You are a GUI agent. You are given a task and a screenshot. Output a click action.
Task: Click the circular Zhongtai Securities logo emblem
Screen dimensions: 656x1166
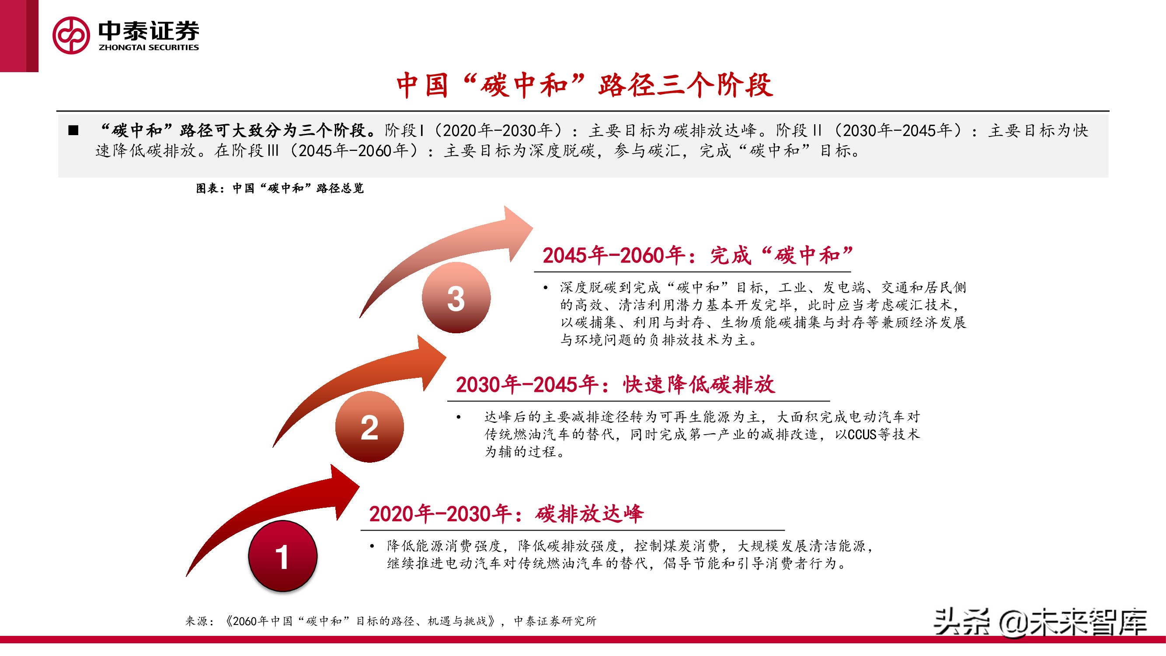[71, 35]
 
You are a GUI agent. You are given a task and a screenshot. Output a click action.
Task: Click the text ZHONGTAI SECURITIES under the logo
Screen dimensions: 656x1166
[149, 48]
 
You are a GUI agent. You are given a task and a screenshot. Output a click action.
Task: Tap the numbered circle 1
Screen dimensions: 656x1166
[282, 556]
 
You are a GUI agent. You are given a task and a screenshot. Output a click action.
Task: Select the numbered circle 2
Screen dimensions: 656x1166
[369, 427]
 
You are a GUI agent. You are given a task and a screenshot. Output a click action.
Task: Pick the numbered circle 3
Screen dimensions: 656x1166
[456, 298]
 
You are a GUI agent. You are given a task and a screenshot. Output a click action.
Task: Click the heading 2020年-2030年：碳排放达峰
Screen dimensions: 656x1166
[506, 514]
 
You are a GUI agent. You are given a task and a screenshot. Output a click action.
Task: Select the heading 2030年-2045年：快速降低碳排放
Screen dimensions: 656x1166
[615, 385]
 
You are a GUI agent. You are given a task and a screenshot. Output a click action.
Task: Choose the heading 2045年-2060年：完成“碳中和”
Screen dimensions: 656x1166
[697, 255]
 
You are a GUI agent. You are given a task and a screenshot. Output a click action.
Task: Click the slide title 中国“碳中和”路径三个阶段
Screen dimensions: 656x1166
[585, 85]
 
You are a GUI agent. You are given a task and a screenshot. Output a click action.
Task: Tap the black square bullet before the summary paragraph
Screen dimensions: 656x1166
[73, 131]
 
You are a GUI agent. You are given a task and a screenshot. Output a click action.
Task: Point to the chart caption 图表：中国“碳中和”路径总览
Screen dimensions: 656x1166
[279, 188]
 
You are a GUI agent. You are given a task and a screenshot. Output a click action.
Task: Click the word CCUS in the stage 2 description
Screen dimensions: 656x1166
[862, 435]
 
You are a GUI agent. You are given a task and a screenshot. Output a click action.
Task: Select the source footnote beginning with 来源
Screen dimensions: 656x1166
[390, 621]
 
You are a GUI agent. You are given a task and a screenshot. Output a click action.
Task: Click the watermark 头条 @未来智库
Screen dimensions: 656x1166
[1040, 622]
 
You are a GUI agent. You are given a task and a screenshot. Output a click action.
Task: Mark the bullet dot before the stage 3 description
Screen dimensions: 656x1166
[546, 287]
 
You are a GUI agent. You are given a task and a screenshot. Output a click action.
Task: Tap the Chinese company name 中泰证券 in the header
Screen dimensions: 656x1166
[149, 31]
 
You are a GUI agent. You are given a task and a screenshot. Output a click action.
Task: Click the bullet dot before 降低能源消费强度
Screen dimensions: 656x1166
[372, 546]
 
